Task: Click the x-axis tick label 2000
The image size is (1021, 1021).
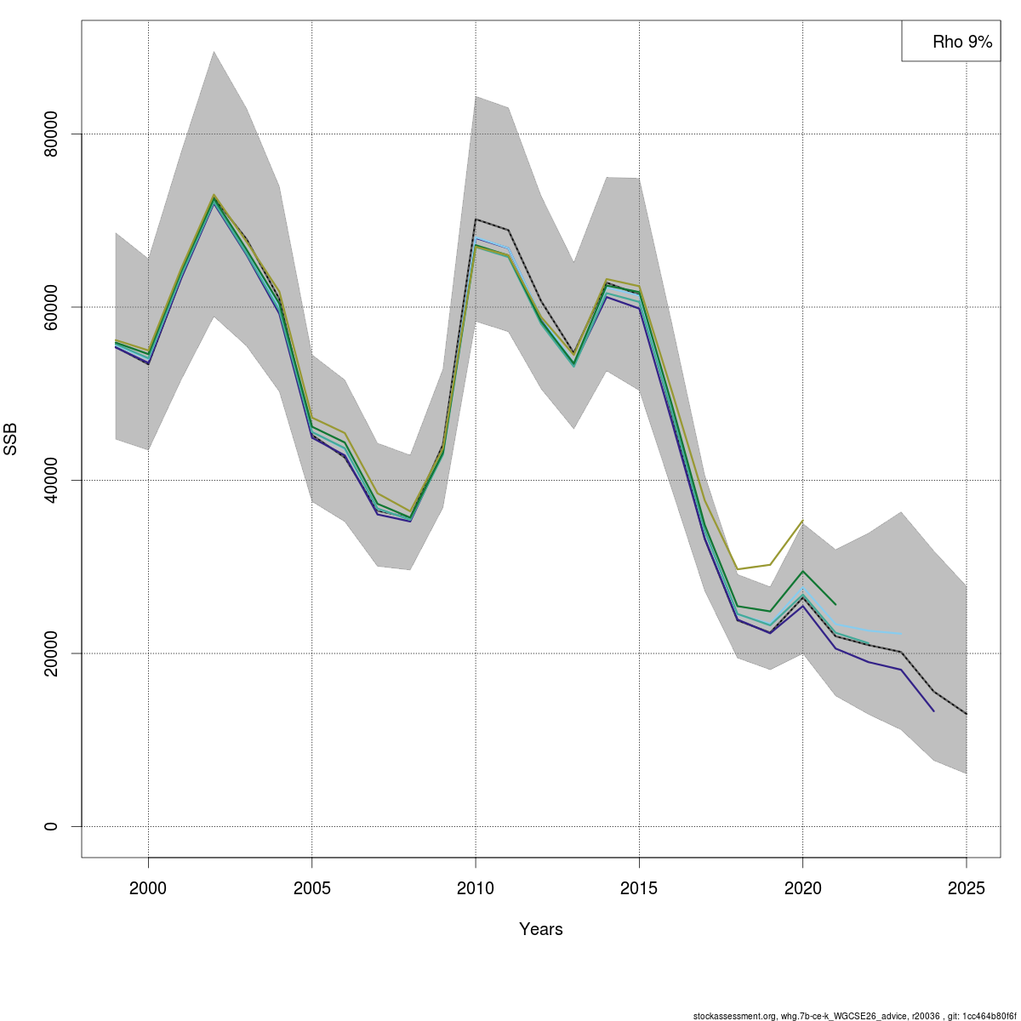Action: click(x=148, y=888)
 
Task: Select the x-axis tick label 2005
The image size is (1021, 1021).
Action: click(x=311, y=888)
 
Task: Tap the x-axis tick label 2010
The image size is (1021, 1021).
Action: click(x=476, y=888)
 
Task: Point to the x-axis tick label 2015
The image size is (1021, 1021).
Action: click(x=639, y=888)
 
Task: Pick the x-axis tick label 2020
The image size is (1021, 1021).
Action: click(x=802, y=888)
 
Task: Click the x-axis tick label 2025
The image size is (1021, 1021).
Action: click(x=967, y=888)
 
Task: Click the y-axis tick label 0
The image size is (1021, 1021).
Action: click(x=50, y=826)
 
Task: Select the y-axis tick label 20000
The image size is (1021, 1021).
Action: click(x=50, y=653)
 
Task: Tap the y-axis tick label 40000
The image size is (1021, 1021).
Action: click(x=50, y=480)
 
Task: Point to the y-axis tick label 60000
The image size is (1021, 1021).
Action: click(x=50, y=307)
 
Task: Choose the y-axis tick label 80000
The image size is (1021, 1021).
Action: click(x=50, y=134)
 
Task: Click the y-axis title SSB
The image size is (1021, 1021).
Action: click(x=10, y=439)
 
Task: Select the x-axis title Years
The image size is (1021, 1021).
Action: click(x=541, y=929)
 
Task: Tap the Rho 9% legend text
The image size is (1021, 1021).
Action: click(x=962, y=42)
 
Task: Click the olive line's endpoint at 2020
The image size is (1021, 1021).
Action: click(x=802, y=521)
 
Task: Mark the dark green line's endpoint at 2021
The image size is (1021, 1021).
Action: click(x=836, y=605)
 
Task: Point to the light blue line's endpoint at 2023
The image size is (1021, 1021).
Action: click(x=901, y=634)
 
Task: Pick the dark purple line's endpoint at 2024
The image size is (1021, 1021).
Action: click(x=933, y=711)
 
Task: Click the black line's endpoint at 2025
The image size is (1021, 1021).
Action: click(x=967, y=714)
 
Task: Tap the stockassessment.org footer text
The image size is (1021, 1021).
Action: click(x=855, y=1016)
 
